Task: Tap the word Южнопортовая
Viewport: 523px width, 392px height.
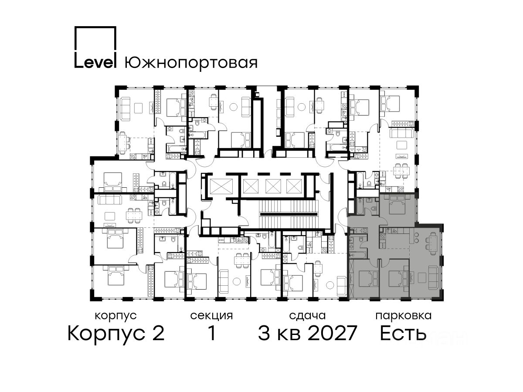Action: pyautogui.click(x=191, y=63)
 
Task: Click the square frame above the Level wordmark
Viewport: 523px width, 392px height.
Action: pyautogui.click(x=95, y=39)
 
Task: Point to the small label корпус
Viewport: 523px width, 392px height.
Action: pyautogui.click(x=115, y=316)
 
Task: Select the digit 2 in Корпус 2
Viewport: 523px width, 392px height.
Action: pyautogui.click(x=157, y=333)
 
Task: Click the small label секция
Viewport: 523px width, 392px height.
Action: pyautogui.click(x=211, y=316)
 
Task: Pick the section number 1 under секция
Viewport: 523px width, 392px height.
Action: pyautogui.click(x=212, y=333)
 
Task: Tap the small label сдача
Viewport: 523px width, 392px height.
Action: pyautogui.click(x=307, y=316)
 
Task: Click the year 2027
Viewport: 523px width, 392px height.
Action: pyautogui.click(x=333, y=333)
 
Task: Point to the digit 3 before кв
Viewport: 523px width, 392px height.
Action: pyautogui.click(x=265, y=333)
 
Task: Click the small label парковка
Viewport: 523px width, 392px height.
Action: pyautogui.click(x=404, y=316)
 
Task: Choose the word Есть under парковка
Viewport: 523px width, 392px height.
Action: pyautogui.click(x=403, y=333)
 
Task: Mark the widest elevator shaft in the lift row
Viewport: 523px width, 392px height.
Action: pyautogui.click(x=221, y=186)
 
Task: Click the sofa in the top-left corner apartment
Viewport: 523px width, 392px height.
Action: pyautogui.click(x=124, y=109)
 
